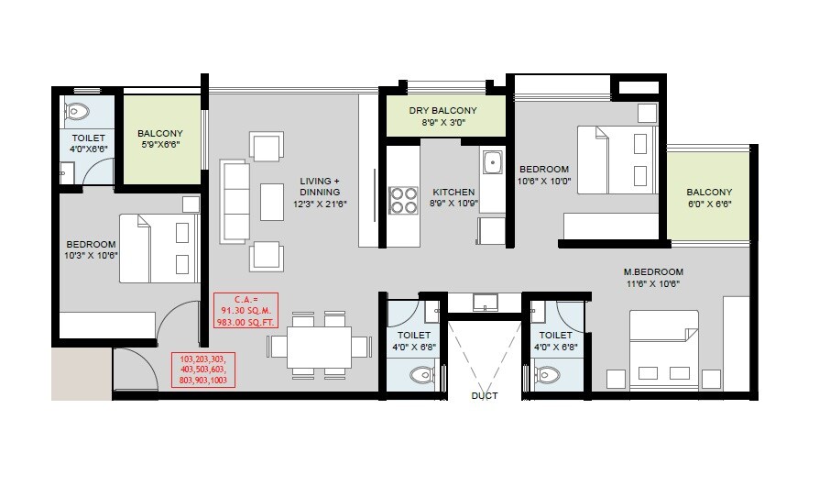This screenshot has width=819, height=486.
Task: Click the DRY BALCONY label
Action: point(443,110)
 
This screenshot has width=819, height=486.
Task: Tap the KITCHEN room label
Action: point(453,193)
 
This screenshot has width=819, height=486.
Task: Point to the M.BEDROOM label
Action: point(653,272)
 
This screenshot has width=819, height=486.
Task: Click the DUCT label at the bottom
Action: point(485,396)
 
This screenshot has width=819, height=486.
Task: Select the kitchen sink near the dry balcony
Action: point(492,163)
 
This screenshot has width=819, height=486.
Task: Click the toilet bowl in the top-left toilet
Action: point(77,112)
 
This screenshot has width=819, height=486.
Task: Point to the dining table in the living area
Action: point(320,346)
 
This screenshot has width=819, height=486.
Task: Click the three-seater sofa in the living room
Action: point(235,202)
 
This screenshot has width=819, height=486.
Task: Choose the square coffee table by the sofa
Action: point(272,202)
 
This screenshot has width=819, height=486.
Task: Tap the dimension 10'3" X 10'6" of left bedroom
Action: point(91,256)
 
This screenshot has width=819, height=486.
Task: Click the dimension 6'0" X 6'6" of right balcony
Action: point(709,204)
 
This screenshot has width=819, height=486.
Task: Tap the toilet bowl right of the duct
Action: point(548,374)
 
